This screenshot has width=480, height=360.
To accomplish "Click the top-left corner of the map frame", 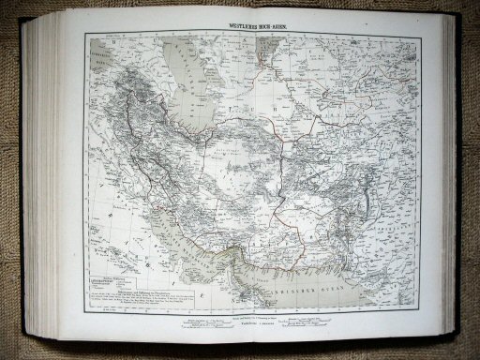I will (86, 33).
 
